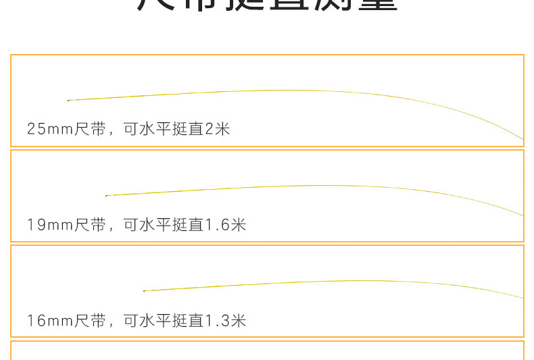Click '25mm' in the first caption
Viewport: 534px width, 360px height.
click(x=50, y=128)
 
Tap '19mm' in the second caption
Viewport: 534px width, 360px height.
click(x=50, y=224)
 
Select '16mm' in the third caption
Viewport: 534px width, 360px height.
click(x=50, y=320)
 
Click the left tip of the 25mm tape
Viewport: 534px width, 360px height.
click(x=68, y=101)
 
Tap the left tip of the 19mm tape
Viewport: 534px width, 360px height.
click(x=106, y=196)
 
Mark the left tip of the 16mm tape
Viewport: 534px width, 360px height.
click(x=144, y=291)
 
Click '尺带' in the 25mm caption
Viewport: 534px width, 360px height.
click(x=90, y=128)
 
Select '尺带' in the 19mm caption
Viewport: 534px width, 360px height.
click(x=90, y=224)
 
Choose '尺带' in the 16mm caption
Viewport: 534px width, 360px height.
click(x=90, y=320)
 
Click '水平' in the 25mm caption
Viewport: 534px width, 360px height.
click(x=155, y=128)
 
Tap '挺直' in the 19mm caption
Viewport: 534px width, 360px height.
click(x=189, y=224)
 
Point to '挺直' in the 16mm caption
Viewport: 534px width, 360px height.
click(x=189, y=320)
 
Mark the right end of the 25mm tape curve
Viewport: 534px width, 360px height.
click(x=523, y=139)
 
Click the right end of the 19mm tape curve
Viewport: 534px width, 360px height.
click(x=523, y=215)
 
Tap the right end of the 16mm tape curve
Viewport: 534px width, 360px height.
click(x=523, y=298)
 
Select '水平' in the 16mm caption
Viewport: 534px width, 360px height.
click(x=155, y=320)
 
